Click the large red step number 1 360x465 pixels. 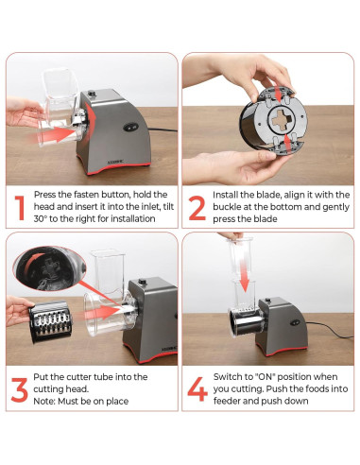(20, 208)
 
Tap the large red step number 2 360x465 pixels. (197, 208)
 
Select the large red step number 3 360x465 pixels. (20, 389)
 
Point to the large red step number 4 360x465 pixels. (197, 389)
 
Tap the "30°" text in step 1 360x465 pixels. (41, 218)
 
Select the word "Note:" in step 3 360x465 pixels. (44, 402)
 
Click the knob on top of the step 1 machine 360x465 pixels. (92, 94)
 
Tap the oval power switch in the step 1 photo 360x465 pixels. (131, 127)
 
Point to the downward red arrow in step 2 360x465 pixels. (278, 93)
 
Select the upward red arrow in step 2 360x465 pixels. (287, 143)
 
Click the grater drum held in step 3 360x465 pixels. (50, 322)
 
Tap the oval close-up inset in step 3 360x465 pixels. (49, 268)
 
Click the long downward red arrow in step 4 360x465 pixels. (244, 275)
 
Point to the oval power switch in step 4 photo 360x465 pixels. (295, 322)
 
